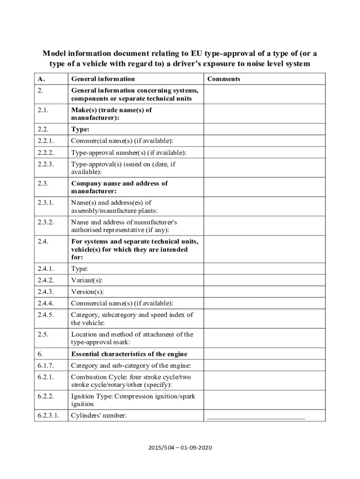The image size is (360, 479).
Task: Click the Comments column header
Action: tap(223, 79)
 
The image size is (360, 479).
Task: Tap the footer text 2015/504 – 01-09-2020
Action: tap(180, 448)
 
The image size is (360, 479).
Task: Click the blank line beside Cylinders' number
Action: tap(256, 416)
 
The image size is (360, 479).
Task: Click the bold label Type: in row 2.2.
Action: tap(80, 129)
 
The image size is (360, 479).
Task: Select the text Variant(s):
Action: tap(86, 280)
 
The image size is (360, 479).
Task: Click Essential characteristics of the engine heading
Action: tap(129, 354)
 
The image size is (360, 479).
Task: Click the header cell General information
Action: tap(102, 79)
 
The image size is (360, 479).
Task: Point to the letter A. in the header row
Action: tap(41, 79)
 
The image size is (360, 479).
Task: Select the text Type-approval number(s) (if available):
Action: tap(129, 152)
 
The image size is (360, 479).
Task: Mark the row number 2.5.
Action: tap(43, 334)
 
